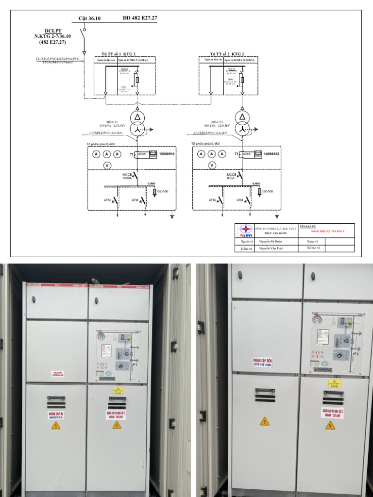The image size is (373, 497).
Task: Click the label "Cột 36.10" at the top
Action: (x=90, y=18)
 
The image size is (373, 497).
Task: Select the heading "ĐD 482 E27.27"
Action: (x=140, y=18)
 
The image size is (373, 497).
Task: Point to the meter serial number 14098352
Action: (x=272, y=154)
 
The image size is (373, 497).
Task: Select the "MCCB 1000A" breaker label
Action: (x=127, y=176)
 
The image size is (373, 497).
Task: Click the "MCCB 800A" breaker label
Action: (x=232, y=176)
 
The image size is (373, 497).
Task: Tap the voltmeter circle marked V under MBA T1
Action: (x=107, y=166)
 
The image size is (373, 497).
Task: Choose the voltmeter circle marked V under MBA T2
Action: (x=212, y=166)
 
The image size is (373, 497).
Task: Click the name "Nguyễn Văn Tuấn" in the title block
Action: (x=271, y=248)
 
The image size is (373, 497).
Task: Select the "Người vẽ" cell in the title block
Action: (x=244, y=241)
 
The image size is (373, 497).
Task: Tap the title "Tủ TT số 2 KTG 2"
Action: (x=227, y=54)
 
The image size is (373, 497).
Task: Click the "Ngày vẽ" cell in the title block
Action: (x=312, y=241)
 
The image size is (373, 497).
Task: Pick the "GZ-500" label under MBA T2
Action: (x=267, y=191)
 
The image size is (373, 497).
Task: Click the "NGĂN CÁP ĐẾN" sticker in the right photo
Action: (x=262, y=362)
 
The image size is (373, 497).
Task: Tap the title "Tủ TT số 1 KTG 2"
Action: (x=118, y=54)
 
